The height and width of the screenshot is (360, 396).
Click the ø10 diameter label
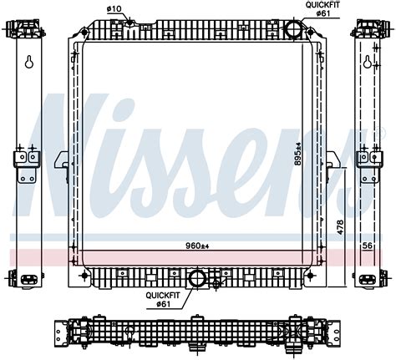point(114,9)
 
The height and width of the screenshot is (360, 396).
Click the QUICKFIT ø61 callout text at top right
point(322,9)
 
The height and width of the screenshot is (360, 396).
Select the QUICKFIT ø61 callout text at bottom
point(163,299)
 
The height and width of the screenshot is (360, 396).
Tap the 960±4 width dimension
point(197,246)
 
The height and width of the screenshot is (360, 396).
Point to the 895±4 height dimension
point(298,154)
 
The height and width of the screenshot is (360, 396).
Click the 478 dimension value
point(340,227)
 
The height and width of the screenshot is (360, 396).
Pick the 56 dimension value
point(368,246)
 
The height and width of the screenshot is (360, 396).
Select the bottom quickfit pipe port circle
point(197,278)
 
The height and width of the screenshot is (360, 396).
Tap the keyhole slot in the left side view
point(29,62)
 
